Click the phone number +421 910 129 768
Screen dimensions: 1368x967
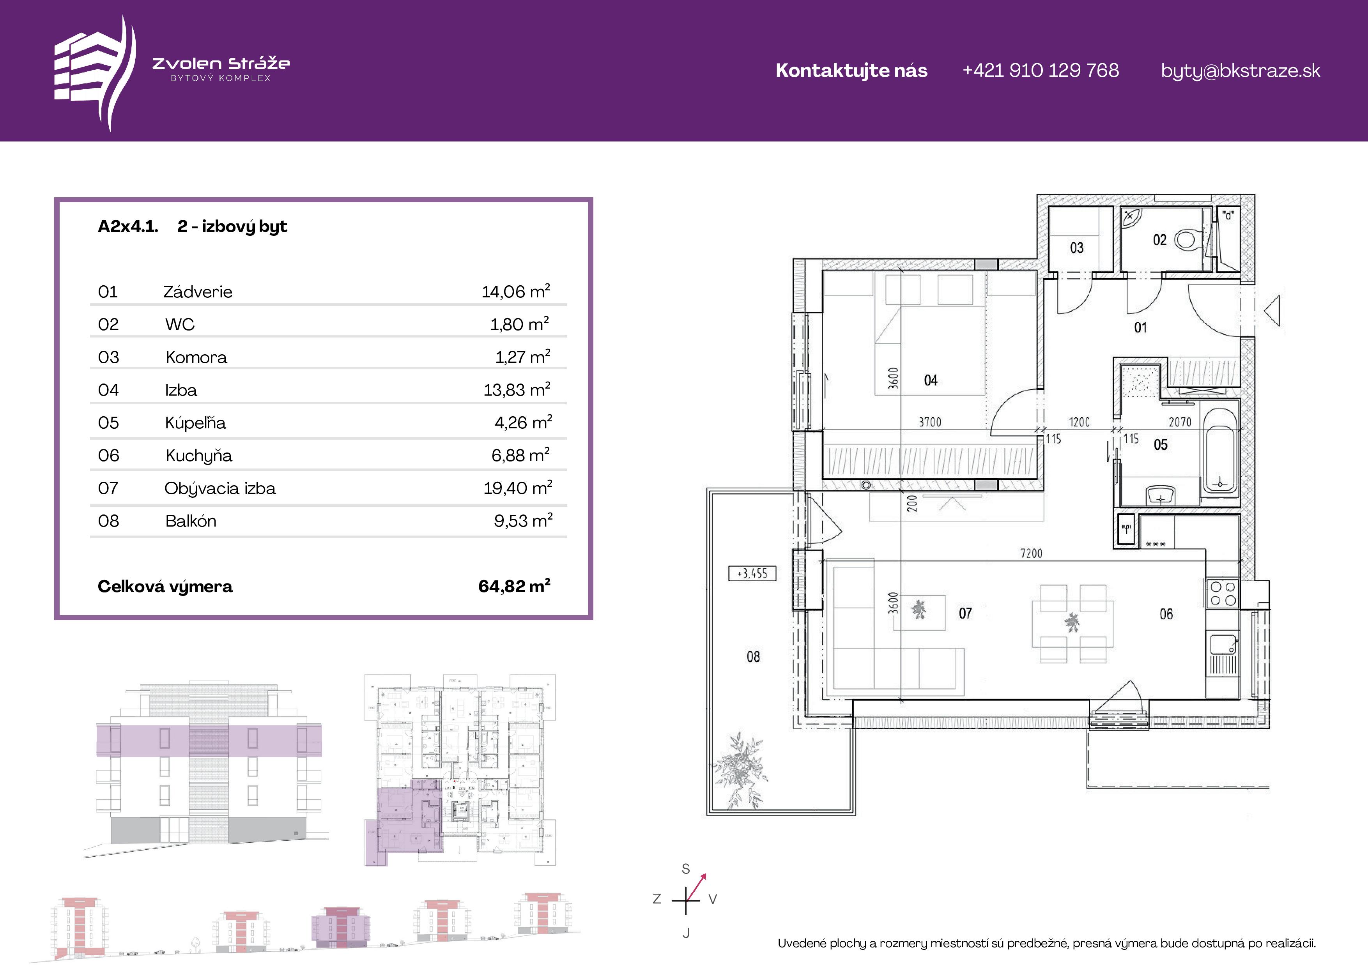1040,70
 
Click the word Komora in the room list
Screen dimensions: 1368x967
196,357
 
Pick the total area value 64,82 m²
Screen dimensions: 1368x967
514,586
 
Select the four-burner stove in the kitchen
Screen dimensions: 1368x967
1222,594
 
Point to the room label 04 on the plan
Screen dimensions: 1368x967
931,380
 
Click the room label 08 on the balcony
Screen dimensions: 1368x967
753,657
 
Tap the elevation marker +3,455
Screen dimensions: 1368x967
752,573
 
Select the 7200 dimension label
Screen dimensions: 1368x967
1032,553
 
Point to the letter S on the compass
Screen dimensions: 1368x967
686,869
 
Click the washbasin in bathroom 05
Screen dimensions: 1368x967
1160,495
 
